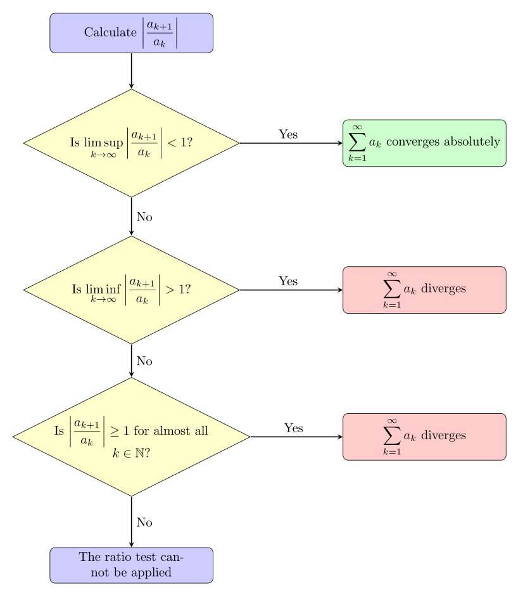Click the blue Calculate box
click(131, 33)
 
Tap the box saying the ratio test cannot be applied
click(131, 565)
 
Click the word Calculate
click(110, 32)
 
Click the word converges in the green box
click(413, 142)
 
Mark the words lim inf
click(104, 290)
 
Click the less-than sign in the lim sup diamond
click(171, 143)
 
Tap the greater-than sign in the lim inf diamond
click(170, 290)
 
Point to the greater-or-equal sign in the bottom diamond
click(115, 431)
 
